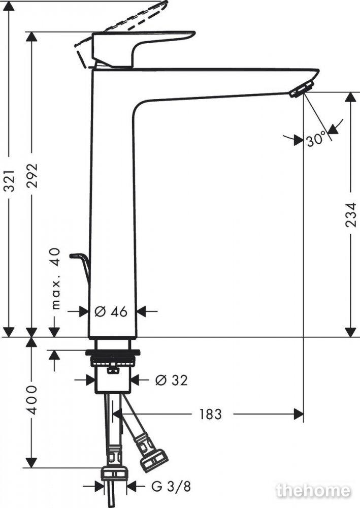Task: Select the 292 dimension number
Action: (32, 175)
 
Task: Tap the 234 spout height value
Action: (351, 215)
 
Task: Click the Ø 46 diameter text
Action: (111, 312)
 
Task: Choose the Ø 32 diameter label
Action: (171, 380)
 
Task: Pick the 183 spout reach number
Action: (210, 414)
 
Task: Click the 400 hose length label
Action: (32, 400)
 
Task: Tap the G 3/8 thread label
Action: (171, 486)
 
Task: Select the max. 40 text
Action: (56, 278)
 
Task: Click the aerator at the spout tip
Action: (302, 88)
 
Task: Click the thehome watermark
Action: (314, 491)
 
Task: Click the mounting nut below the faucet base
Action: (112, 358)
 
